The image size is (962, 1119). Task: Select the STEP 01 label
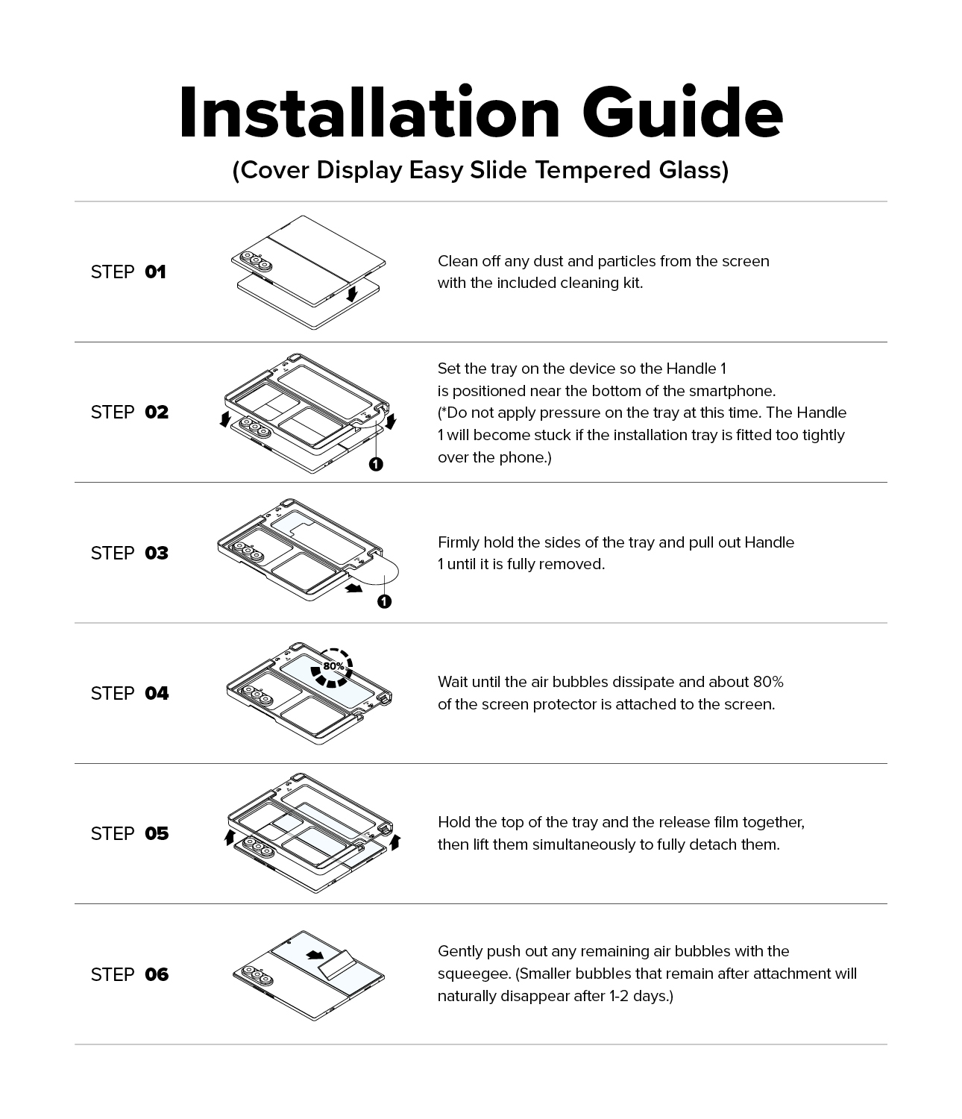(x=128, y=272)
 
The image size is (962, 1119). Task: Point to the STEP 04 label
(x=130, y=694)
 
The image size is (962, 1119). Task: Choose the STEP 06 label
(x=130, y=974)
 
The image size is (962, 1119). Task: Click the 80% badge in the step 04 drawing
(x=332, y=668)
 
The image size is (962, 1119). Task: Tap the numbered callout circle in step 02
(x=376, y=464)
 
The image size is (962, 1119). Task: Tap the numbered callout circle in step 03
(x=384, y=601)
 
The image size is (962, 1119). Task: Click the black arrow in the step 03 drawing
(x=354, y=588)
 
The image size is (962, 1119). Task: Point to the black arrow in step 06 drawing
(x=315, y=956)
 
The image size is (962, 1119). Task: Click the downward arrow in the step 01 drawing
(x=352, y=293)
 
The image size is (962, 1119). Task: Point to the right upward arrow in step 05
(x=395, y=842)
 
